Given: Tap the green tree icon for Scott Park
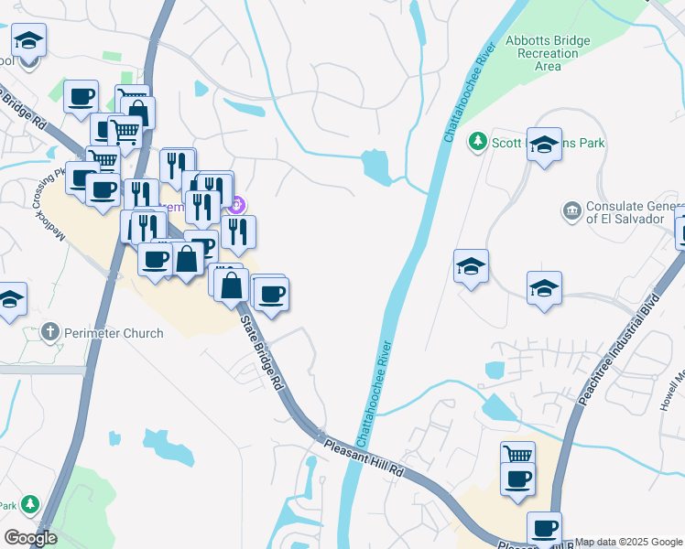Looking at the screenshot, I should pyautogui.click(x=476, y=142).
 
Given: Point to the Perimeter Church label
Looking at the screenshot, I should pyautogui.click(x=114, y=333).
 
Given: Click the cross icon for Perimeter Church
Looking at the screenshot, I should pyautogui.click(x=51, y=333).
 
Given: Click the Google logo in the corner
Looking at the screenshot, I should pyautogui.click(x=30, y=538).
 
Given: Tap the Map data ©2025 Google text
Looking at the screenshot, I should pyautogui.click(x=628, y=542).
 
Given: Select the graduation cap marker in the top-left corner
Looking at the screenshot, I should pyautogui.click(x=29, y=41).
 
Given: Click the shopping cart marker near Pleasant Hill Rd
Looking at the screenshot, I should pyautogui.click(x=517, y=454).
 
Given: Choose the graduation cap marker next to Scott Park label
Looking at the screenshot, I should pyautogui.click(x=544, y=145).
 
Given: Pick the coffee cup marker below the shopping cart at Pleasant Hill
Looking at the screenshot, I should pyautogui.click(x=517, y=478).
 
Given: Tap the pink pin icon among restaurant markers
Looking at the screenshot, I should pyautogui.click(x=237, y=203).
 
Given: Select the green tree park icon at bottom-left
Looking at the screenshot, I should pyautogui.click(x=30, y=504).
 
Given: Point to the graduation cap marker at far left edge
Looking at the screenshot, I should pyautogui.click(x=9, y=299).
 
